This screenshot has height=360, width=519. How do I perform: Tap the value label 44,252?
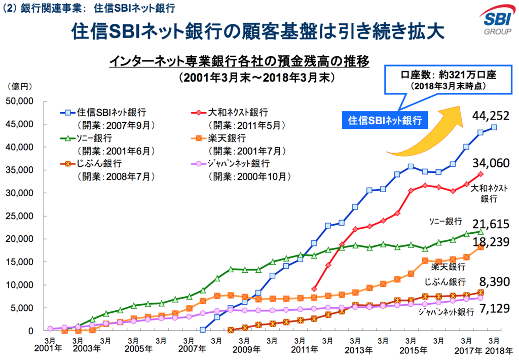click(491, 116)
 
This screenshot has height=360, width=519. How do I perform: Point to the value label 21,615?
click(491, 224)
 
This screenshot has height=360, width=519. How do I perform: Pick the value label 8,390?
click(491, 281)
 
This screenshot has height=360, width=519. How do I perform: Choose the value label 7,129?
click(491, 309)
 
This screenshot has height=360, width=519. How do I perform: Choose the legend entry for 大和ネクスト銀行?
click(238, 113)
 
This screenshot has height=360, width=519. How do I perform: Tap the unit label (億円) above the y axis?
click(19, 87)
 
